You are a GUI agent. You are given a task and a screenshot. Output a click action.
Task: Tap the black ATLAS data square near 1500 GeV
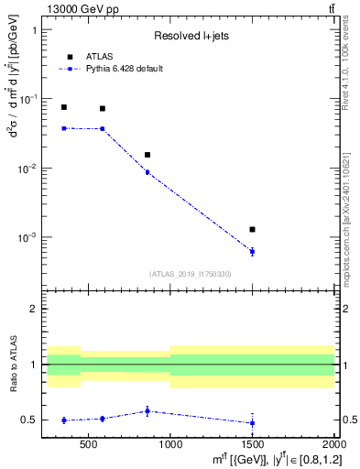[252, 229]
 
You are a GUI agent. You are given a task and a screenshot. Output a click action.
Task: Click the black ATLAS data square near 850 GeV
[147, 155]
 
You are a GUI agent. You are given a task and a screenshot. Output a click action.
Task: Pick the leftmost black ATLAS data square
[63, 107]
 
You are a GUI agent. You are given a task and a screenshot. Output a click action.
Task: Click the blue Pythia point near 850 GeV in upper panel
[147, 172]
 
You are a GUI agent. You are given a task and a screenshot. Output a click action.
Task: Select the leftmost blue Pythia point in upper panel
[63, 128]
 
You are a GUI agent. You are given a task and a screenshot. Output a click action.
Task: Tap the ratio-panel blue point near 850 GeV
[147, 410]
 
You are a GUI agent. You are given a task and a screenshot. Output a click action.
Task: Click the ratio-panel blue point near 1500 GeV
[252, 422]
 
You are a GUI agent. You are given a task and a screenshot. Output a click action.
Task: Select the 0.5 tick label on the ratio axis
[32, 420]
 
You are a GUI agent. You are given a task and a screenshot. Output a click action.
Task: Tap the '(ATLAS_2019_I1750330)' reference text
[191, 274]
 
